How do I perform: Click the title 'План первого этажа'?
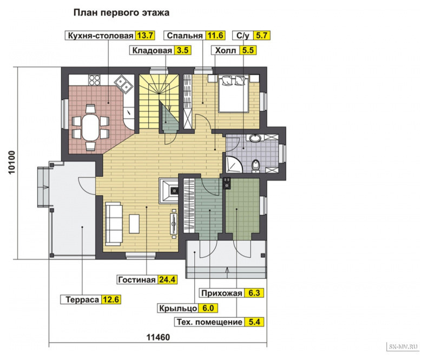point(121,12)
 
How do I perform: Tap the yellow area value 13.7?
point(146,36)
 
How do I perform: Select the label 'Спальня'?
point(185,36)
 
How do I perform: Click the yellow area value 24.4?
point(167,280)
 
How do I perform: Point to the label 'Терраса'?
point(82,299)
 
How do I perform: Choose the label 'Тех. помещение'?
point(209,322)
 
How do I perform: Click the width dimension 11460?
point(158,337)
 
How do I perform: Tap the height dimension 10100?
point(12,163)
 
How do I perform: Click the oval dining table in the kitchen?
point(90,128)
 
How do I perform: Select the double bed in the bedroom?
point(234,94)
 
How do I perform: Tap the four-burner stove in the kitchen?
point(95,80)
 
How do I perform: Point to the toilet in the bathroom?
point(255,165)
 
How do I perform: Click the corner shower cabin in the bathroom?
point(233,164)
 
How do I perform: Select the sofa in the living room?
point(114,224)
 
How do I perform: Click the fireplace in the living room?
point(169,190)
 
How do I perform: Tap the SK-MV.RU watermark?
point(403,346)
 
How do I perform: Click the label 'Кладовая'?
point(152,50)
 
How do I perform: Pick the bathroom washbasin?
point(255,138)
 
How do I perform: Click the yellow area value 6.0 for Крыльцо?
point(208,308)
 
